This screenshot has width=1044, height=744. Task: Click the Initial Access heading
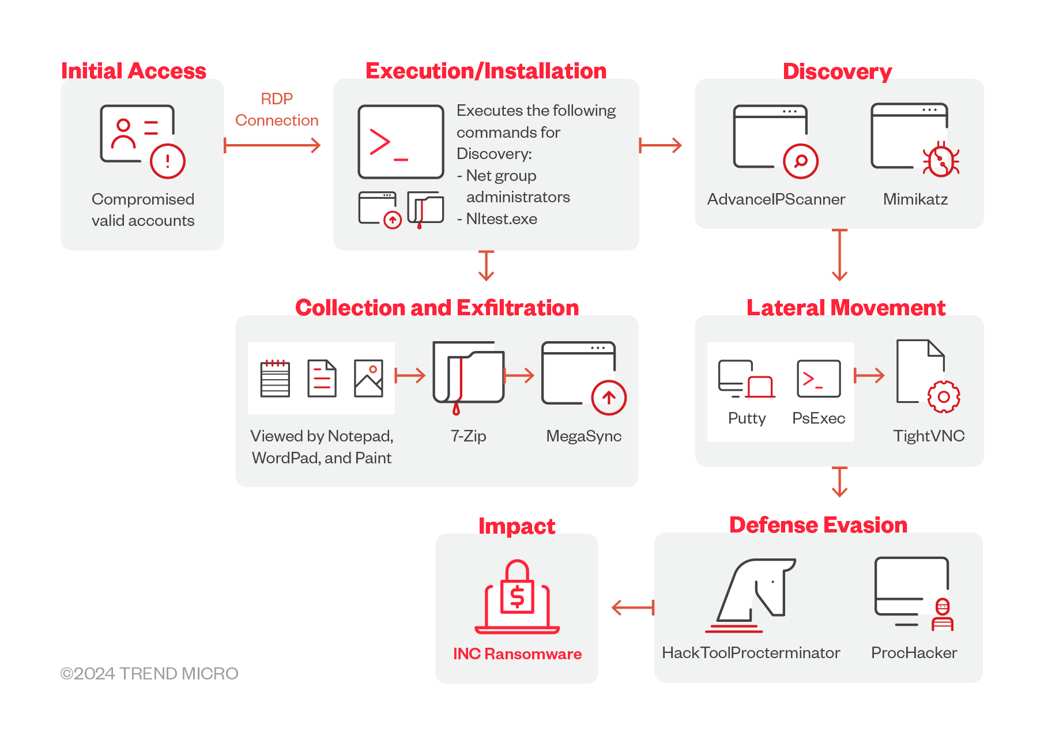[x=134, y=71]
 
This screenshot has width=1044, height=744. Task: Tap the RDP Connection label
[x=277, y=109]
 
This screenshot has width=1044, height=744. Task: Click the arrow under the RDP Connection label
[x=272, y=145]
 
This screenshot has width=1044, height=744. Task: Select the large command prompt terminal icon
[x=401, y=142]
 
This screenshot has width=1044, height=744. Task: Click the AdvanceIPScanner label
[x=776, y=199]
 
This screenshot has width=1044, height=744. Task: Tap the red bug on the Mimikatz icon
[x=941, y=160]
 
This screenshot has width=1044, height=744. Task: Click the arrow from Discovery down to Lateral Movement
[x=839, y=255]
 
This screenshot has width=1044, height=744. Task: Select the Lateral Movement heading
[x=846, y=308]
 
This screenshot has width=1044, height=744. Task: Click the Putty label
[x=747, y=418]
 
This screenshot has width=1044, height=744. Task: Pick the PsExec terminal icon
[x=818, y=379]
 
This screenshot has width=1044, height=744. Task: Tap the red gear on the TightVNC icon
[x=943, y=396]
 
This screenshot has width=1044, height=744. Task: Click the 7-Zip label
[x=468, y=436]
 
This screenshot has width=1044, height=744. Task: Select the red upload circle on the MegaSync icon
[x=609, y=398]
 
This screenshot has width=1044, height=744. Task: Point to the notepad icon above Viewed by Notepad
[x=275, y=379]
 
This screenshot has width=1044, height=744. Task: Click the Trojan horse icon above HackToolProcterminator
[x=752, y=594]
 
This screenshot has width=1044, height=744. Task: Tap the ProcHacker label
[x=914, y=653]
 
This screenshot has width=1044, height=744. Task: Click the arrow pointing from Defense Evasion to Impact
[x=632, y=607]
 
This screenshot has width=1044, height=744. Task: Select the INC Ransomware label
[x=517, y=654]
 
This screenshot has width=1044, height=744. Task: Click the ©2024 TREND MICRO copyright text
[x=149, y=674]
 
